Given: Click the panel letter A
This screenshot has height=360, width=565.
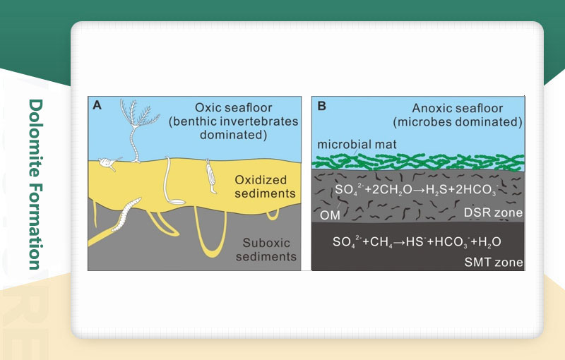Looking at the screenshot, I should pyautogui.click(x=97, y=105).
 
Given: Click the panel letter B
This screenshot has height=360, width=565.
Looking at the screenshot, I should pyautogui.click(x=321, y=106).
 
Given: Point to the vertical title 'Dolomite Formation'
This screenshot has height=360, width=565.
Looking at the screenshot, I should pyautogui.click(x=35, y=184).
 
